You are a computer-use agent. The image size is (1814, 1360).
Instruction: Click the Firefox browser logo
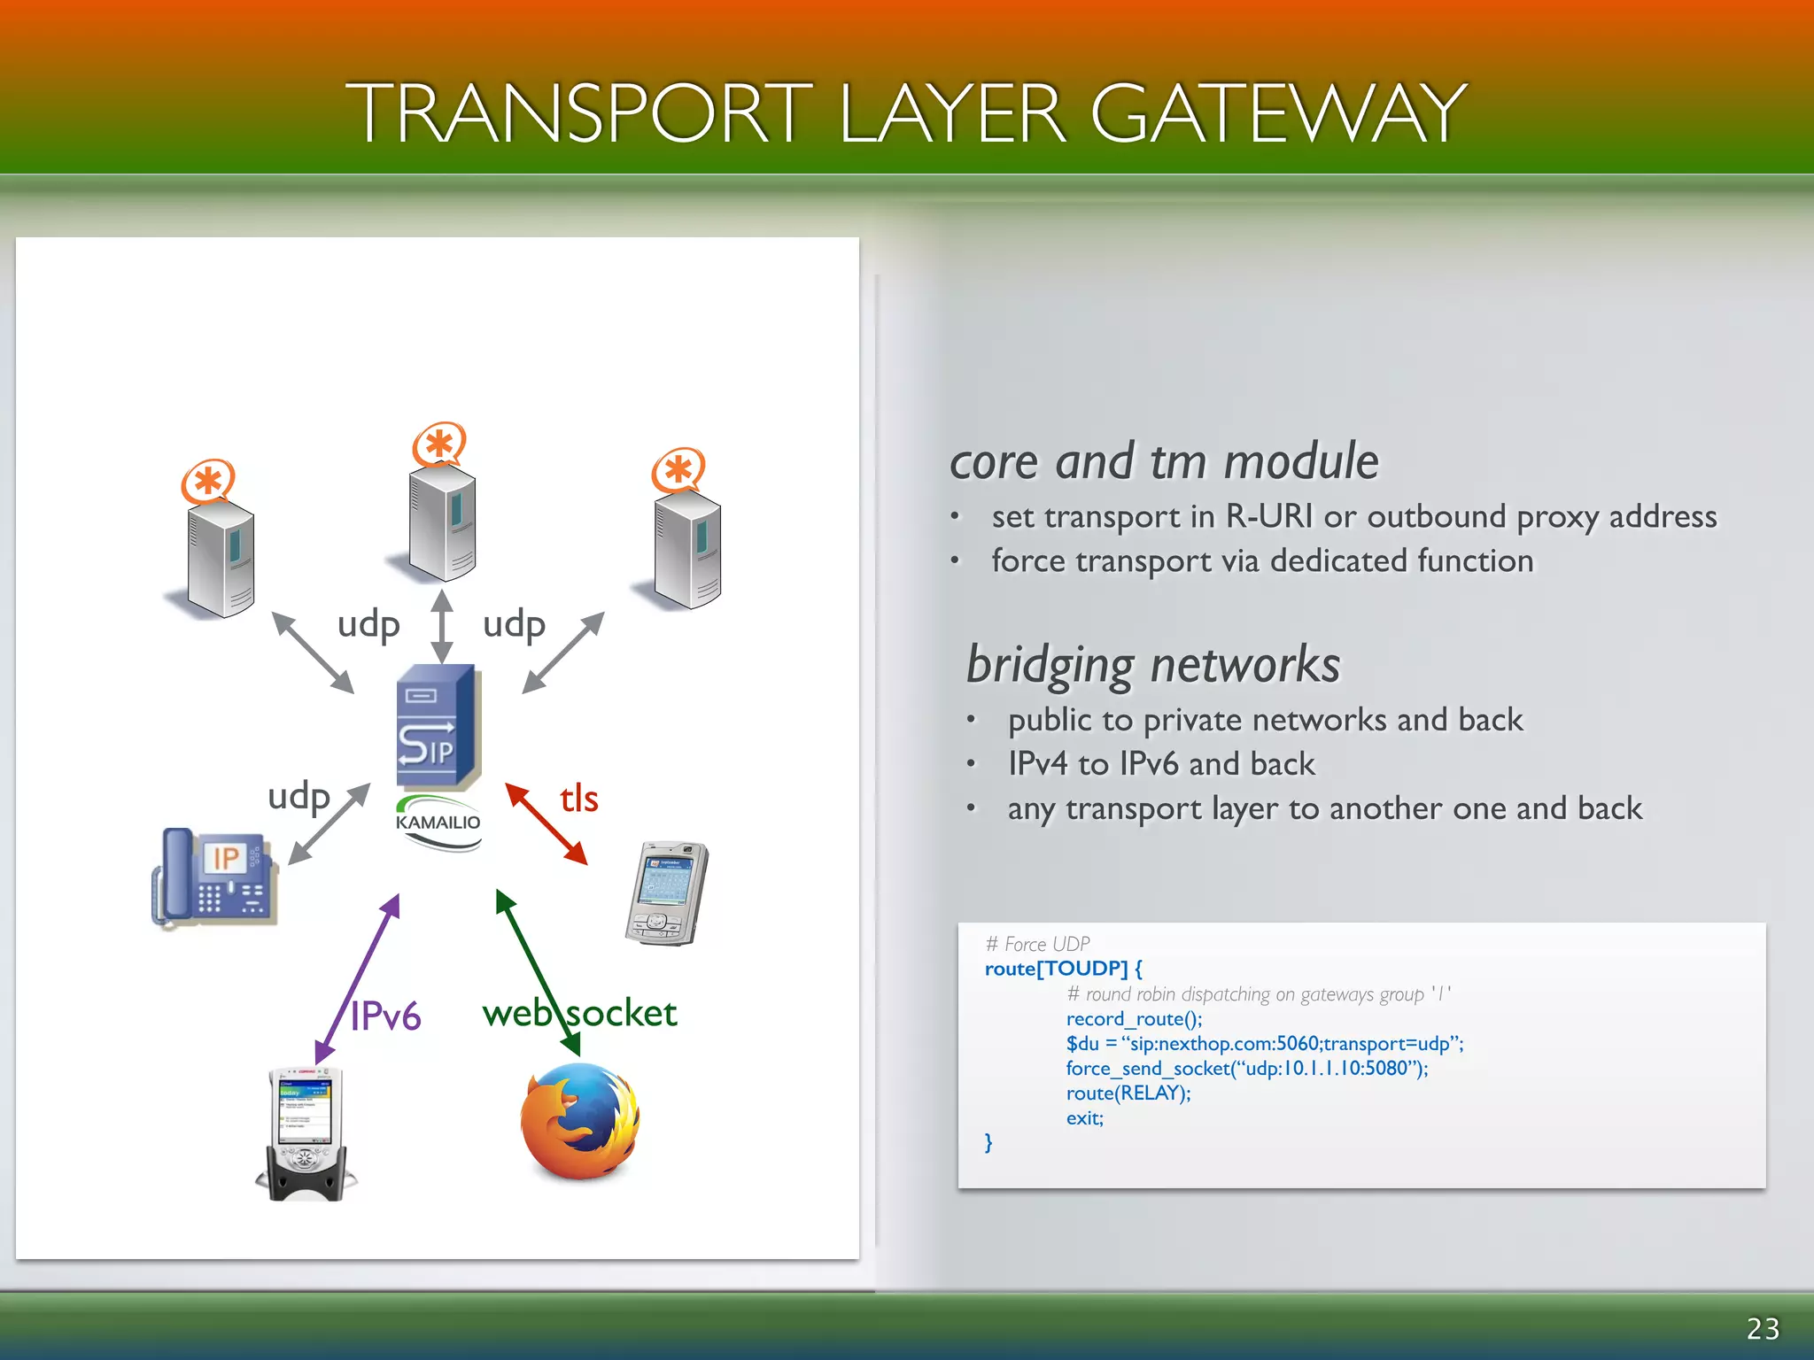tap(580, 1122)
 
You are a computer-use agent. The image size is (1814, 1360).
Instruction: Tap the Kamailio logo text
tap(438, 823)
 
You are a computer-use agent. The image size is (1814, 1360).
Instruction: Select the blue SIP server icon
tap(438, 726)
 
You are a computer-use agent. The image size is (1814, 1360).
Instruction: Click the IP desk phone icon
tap(215, 877)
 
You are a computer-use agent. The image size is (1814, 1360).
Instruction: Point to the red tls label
tap(579, 799)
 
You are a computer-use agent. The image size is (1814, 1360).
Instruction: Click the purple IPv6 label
tap(385, 1016)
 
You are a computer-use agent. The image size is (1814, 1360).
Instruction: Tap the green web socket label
tap(580, 1013)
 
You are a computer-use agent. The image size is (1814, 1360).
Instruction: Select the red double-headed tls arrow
tap(547, 823)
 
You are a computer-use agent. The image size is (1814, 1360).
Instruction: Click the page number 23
tap(1763, 1329)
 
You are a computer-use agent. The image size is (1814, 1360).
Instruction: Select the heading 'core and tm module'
tap(1164, 461)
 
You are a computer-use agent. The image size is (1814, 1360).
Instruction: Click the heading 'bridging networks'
tap(1153, 665)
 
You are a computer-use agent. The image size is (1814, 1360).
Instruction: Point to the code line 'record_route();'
tap(1134, 1019)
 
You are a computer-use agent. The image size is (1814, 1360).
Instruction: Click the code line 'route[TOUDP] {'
tap(1063, 969)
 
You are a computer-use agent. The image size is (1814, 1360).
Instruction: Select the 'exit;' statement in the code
tap(1085, 1118)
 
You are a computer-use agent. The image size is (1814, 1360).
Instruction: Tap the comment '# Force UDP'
tap(1037, 944)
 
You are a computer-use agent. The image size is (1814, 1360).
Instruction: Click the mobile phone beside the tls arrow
tap(667, 892)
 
